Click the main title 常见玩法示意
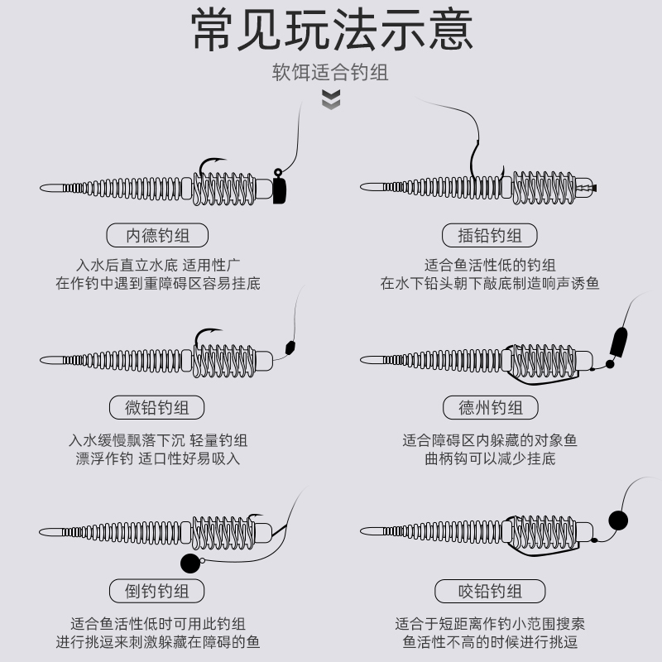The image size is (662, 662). click(331, 31)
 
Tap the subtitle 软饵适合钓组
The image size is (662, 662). click(331, 73)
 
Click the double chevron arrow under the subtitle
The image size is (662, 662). click(331, 100)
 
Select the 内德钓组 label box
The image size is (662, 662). click(157, 235)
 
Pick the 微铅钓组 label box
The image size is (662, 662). click(157, 407)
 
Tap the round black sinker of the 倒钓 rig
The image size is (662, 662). click(189, 564)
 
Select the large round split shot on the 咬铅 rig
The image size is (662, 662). click(617, 520)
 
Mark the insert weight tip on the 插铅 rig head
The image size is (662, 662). click(594, 188)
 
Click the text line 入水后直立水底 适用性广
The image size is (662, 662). click(157, 265)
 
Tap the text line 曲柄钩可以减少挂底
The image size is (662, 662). click(490, 458)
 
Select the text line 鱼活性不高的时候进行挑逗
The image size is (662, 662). click(490, 641)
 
